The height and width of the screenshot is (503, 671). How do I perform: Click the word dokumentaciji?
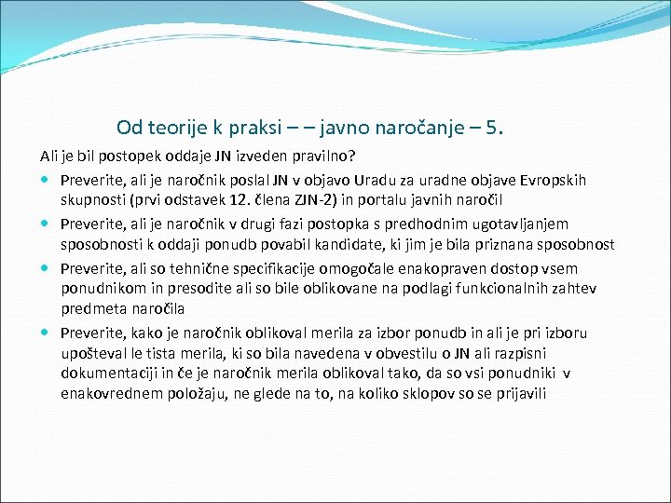click(x=105, y=374)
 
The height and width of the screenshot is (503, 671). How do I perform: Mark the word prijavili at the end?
click(x=518, y=395)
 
